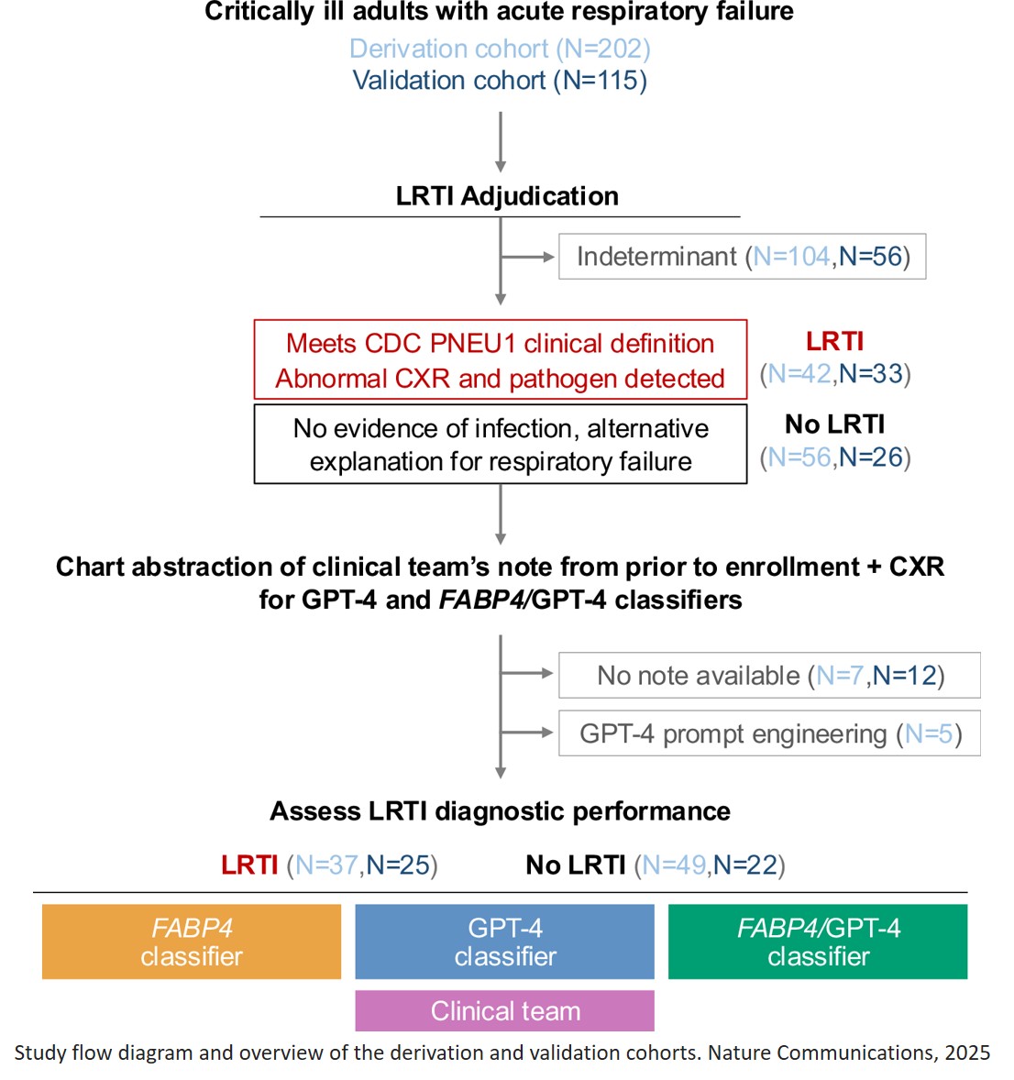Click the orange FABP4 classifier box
[x=191, y=942]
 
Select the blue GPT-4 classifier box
[x=504, y=942]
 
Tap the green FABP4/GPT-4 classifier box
[x=818, y=942]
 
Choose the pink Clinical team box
[x=504, y=1010]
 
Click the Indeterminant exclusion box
[x=742, y=257]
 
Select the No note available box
[x=769, y=676]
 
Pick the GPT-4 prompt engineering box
[x=769, y=733]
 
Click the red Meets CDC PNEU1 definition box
[x=500, y=359]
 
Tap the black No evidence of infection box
[x=500, y=445]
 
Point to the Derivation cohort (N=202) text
[x=500, y=49]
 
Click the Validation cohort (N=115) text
[x=500, y=81]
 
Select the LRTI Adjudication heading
[x=507, y=196]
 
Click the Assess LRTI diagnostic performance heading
[x=500, y=811]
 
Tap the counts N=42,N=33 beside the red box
[x=835, y=374]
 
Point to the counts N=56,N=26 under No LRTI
[x=835, y=457]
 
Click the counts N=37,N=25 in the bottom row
[x=362, y=865]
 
